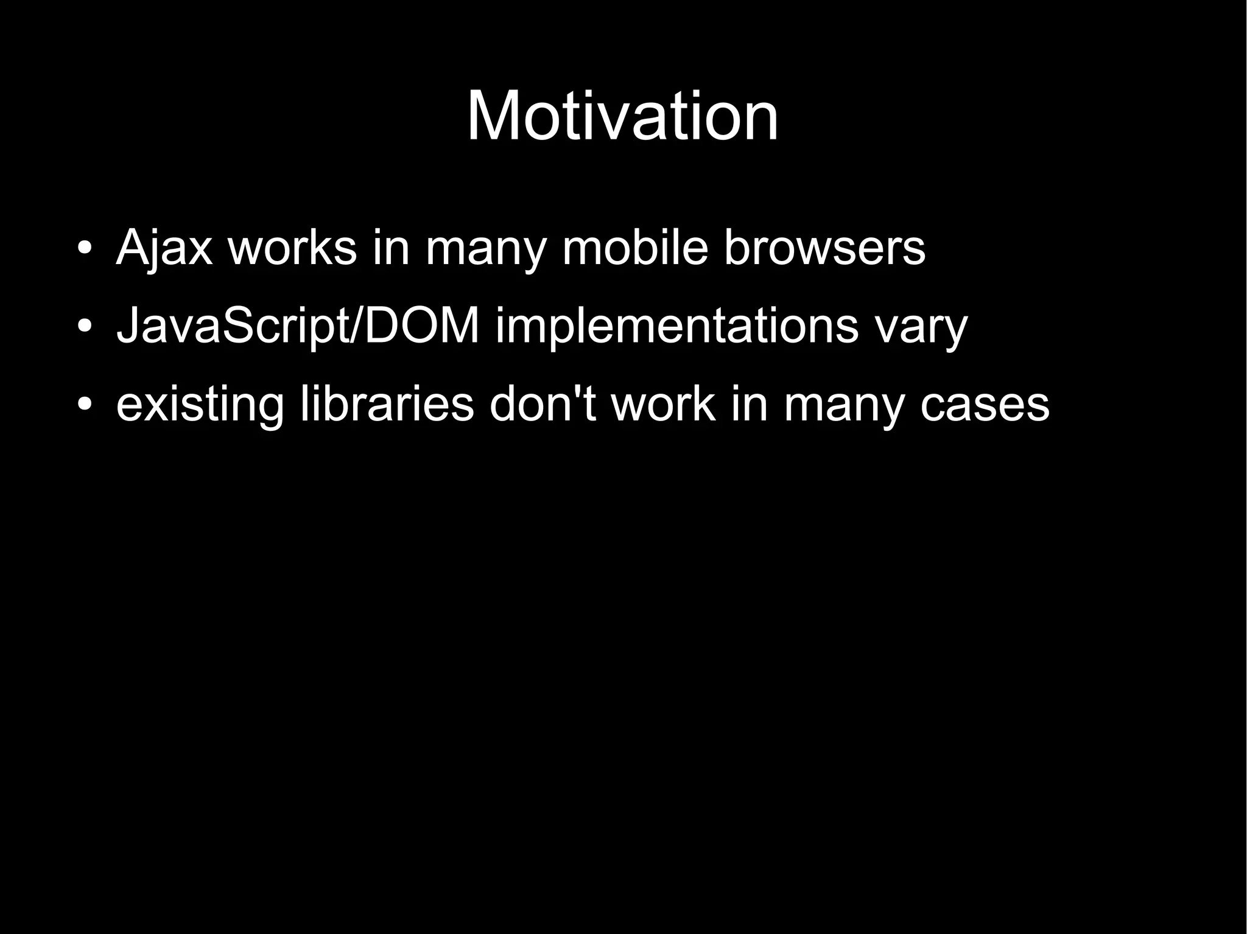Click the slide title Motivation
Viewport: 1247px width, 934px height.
(622, 116)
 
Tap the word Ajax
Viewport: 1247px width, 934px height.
(164, 248)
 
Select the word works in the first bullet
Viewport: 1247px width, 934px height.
(292, 248)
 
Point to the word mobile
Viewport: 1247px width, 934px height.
(635, 248)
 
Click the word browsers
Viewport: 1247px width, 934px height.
(824, 248)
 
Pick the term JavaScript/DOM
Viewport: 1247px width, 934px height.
(298, 326)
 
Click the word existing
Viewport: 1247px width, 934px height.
(200, 405)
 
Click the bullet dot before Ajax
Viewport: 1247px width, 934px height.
(85, 248)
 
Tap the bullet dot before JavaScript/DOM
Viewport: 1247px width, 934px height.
(85, 326)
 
